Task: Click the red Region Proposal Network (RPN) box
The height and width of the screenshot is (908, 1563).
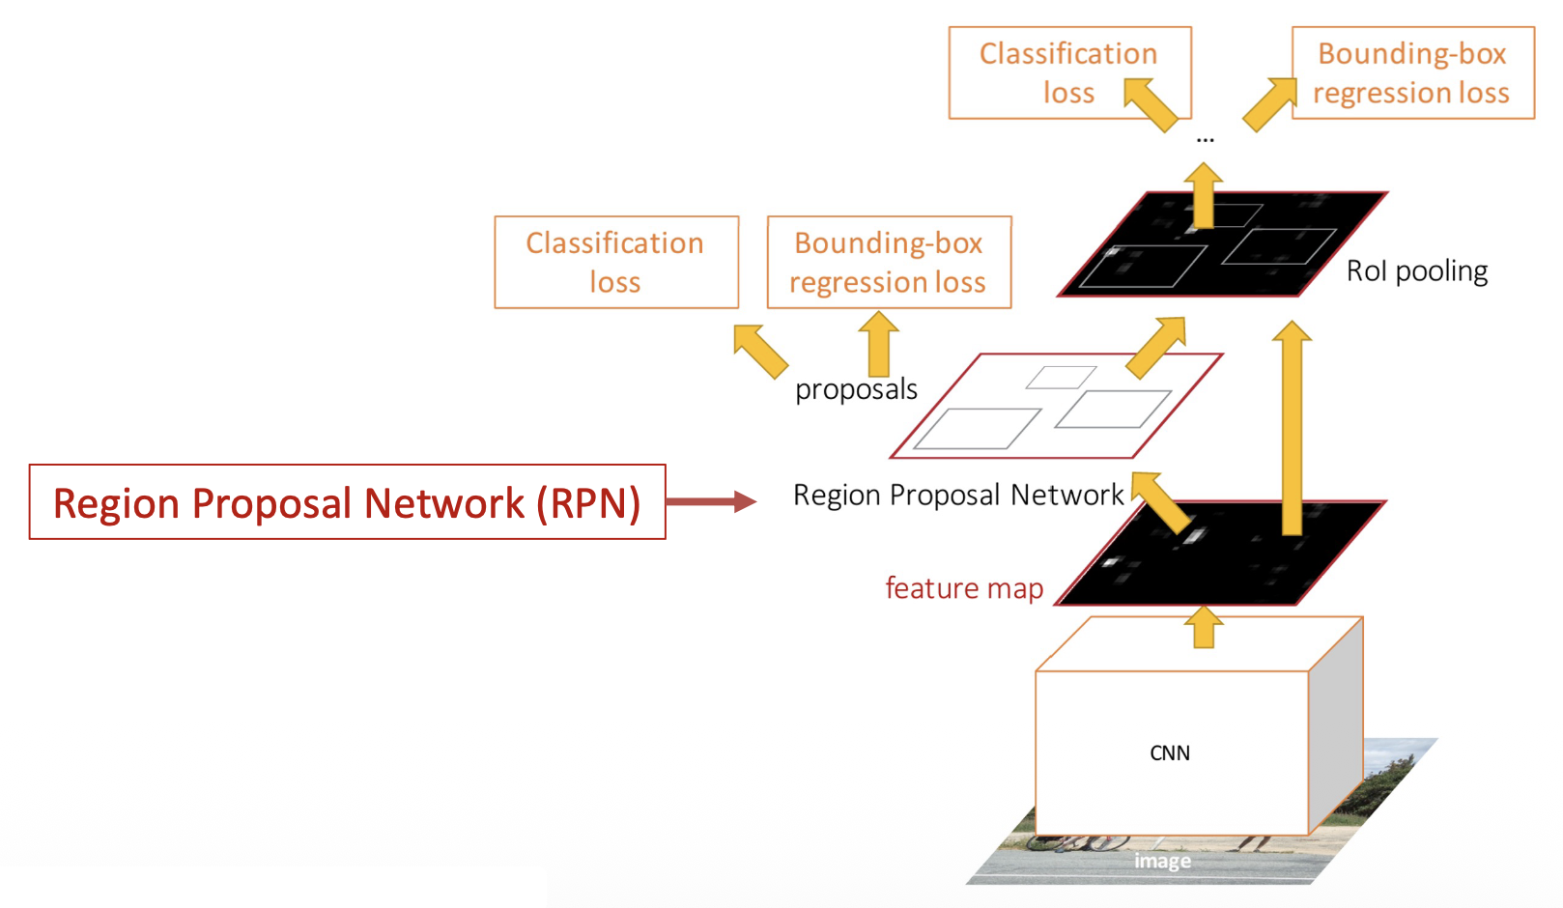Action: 347,502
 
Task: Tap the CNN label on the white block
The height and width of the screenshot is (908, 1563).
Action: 1169,753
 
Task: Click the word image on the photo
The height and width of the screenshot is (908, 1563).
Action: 1162,861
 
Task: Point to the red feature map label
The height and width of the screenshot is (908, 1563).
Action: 964,588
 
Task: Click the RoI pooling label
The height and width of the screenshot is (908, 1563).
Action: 1416,271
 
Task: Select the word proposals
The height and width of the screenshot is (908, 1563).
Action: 856,389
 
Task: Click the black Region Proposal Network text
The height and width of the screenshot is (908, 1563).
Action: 958,495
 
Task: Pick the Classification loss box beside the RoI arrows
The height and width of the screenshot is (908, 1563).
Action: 1069,72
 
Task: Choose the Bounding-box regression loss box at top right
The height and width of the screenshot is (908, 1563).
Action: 1412,72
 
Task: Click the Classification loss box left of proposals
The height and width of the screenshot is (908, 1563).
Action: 616,262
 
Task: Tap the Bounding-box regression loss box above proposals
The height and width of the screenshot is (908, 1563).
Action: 889,262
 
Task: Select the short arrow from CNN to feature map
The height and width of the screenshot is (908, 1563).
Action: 1204,628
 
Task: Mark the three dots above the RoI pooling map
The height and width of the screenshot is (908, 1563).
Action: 1205,140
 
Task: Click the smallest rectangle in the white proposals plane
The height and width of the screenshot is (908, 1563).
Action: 1061,377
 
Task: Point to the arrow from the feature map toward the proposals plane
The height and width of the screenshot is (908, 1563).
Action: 1165,500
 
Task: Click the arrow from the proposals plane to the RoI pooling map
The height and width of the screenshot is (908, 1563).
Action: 1156,347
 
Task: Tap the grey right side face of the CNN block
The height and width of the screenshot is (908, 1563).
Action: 1336,734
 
